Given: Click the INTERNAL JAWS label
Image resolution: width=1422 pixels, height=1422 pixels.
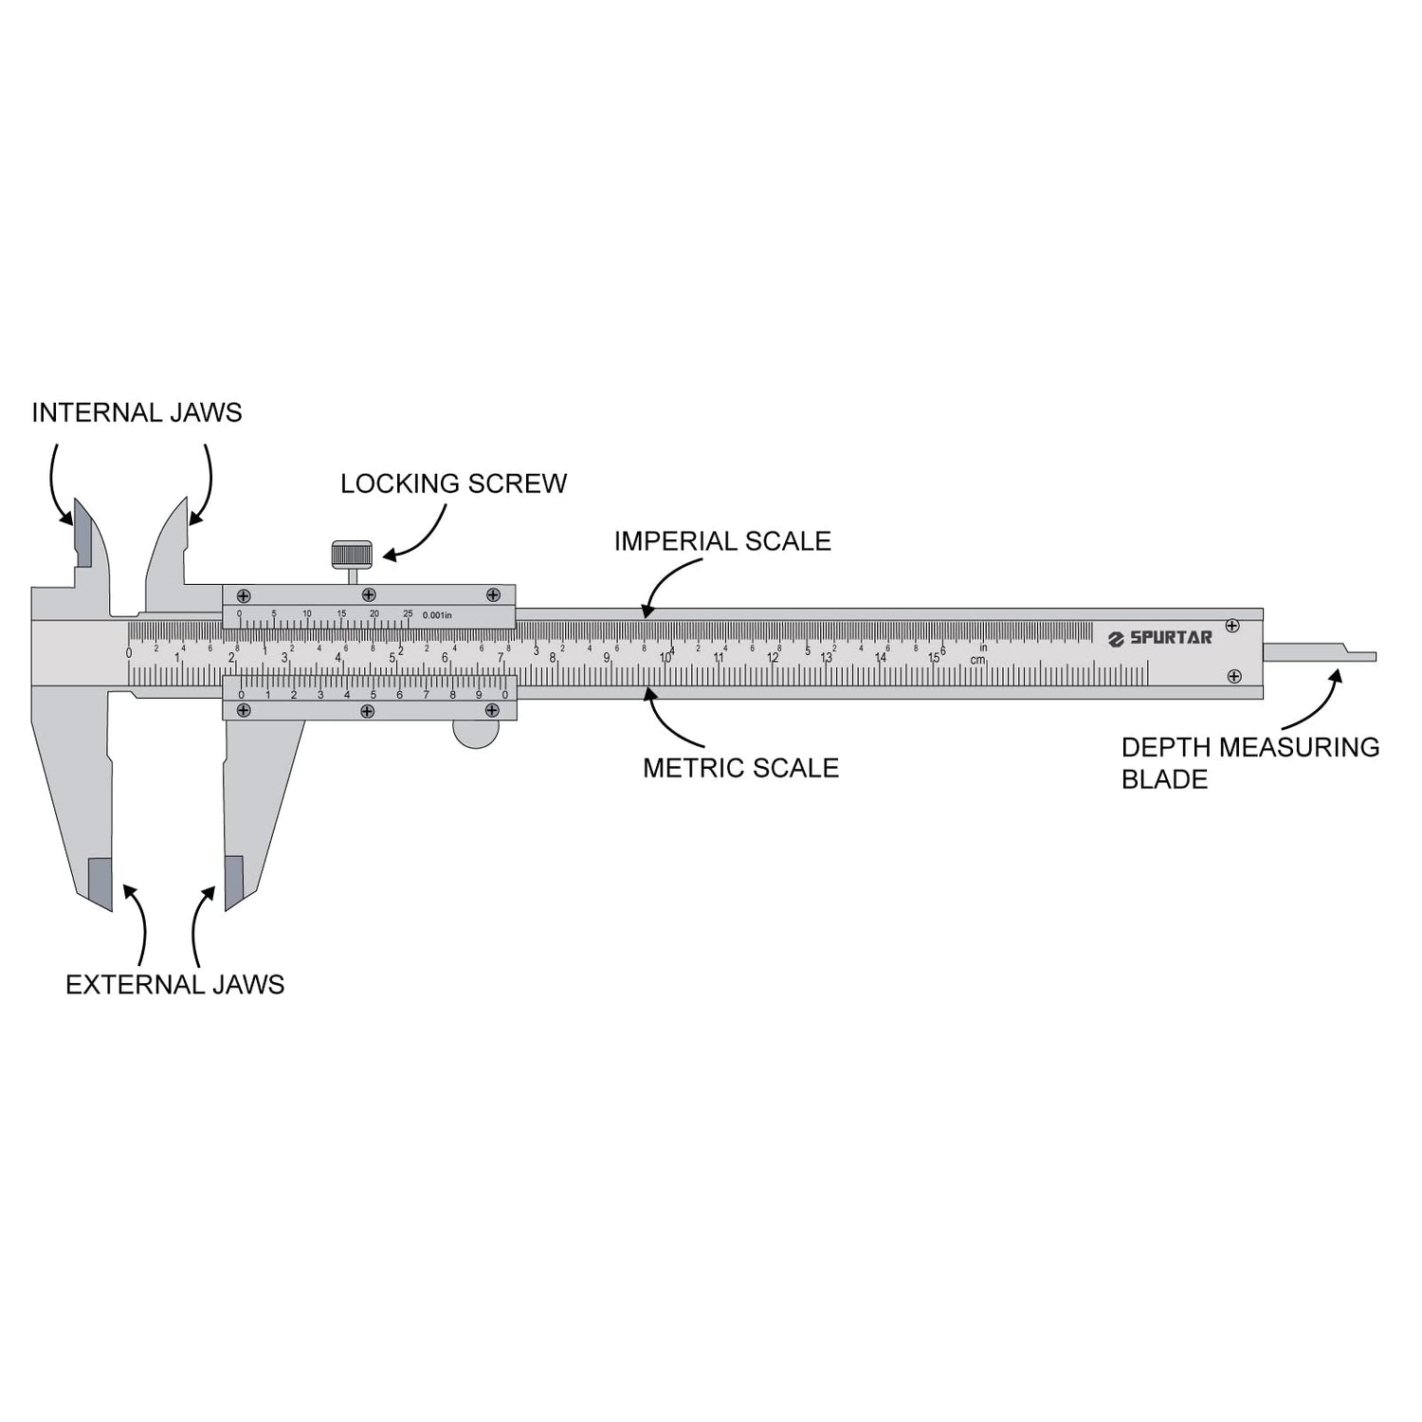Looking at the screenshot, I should [x=137, y=412].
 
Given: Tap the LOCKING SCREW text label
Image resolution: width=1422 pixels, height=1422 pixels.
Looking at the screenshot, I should [x=453, y=483].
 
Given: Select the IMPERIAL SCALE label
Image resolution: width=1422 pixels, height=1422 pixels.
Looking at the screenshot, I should [x=722, y=541].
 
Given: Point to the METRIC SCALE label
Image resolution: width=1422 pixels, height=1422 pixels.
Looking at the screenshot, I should [x=740, y=768].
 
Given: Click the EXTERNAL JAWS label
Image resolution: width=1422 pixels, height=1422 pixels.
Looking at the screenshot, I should [x=174, y=985].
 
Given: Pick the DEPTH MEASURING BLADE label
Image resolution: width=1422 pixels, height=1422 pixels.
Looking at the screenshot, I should [x=1249, y=763].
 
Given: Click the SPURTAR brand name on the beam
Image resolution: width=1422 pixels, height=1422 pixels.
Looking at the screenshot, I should [x=1171, y=637].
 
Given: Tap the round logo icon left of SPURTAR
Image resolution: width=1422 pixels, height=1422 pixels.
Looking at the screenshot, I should [x=1116, y=639].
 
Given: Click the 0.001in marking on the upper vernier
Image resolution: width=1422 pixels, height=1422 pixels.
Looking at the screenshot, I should [x=437, y=615].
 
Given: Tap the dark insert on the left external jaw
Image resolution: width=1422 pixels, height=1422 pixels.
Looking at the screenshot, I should [x=99, y=880].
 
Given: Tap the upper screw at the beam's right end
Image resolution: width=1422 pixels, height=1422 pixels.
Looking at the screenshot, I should [x=1232, y=626].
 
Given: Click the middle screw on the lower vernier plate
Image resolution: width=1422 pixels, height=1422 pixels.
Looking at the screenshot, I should [x=368, y=711].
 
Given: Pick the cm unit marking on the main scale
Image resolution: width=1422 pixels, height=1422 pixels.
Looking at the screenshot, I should [x=977, y=660].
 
